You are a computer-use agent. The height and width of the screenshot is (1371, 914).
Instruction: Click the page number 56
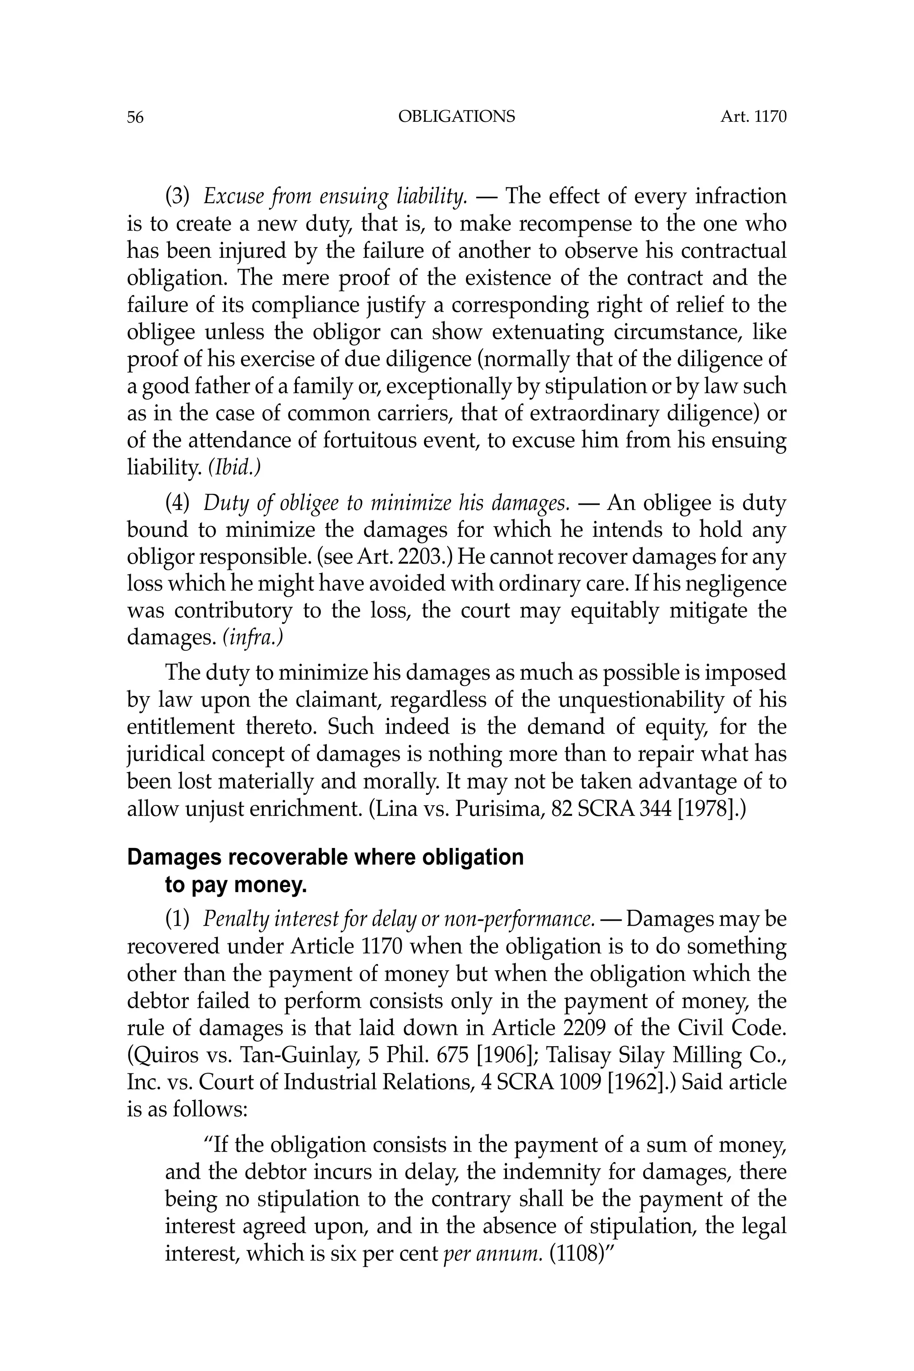point(135,118)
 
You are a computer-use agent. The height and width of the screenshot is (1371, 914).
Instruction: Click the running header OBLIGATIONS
point(457,116)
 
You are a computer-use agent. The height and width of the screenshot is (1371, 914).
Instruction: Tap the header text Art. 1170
point(753,116)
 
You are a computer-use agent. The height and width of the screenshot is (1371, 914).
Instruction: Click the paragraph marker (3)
point(178,196)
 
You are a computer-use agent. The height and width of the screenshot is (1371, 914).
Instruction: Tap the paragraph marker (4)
point(178,503)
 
